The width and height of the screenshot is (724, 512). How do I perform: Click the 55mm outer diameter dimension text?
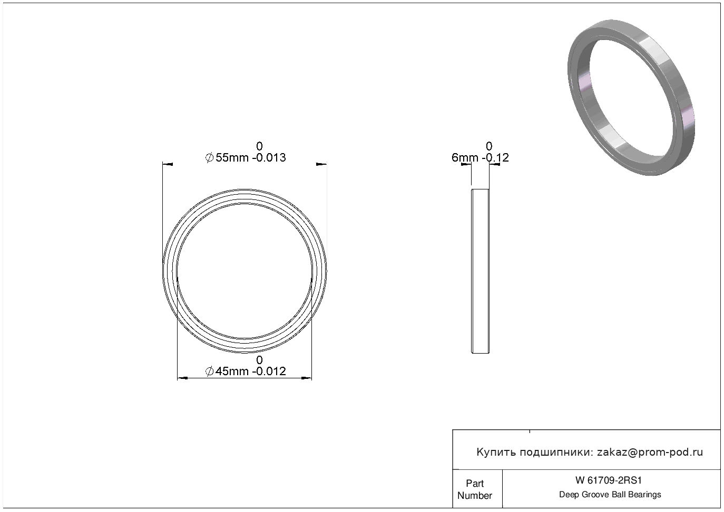tap(232, 157)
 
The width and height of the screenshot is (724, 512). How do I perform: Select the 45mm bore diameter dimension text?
tap(232, 372)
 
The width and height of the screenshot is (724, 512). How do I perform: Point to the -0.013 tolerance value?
tap(269, 157)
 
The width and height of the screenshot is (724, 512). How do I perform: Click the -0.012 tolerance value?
tap(269, 372)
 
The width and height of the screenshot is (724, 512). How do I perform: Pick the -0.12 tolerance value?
tap(495, 157)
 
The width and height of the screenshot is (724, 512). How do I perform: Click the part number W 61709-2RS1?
tap(609, 480)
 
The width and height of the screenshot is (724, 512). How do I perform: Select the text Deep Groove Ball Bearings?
tap(610, 495)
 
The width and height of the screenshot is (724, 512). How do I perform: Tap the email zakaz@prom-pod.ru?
tap(650, 453)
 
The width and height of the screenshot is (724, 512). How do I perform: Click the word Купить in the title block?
tap(496, 453)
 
